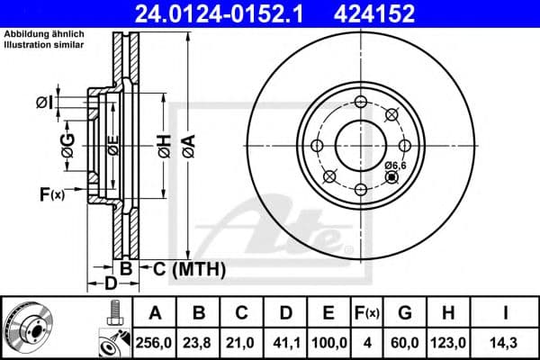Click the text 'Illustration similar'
pyautogui.click(x=46, y=45)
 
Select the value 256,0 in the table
pyautogui.click(x=154, y=341)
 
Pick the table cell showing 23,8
pyautogui.click(x=198, y=341)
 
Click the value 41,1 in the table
pyautogui.click(x=284, y=341)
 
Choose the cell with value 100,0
pyautogui.click(x=328, y=341)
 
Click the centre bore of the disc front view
pyautogui.click(x=360, y=145)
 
